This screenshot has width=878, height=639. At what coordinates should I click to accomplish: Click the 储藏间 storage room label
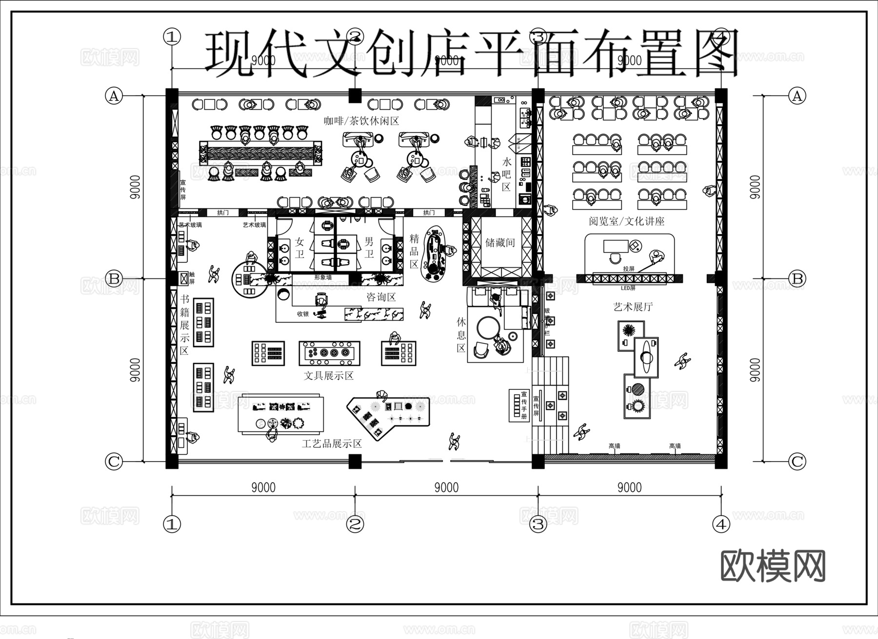[500, 242]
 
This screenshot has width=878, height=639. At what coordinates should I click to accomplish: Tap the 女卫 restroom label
[299, 248]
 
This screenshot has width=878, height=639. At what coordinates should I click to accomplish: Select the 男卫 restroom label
[369, 248]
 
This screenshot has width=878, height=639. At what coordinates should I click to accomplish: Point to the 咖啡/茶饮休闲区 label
[361, 120]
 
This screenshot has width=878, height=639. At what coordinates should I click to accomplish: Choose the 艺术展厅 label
[633, 307]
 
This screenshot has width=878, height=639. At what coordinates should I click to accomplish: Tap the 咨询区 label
[381, 297]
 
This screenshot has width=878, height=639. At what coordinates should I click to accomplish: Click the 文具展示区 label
[328, 376]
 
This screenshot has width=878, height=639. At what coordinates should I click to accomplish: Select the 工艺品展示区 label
[332, 444]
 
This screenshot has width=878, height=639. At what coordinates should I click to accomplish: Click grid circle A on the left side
[114, 96]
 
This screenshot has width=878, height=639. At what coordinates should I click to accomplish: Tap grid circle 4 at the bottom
[721, 524]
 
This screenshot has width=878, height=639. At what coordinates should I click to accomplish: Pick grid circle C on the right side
[797, 461]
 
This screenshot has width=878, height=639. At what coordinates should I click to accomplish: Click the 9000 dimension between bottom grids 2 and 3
[446, 487]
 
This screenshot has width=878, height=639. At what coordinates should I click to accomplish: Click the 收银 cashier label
[303, 314]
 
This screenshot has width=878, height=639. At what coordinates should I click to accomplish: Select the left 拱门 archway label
[223, 213]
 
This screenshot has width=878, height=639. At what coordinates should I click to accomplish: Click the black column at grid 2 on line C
[355, 461]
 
